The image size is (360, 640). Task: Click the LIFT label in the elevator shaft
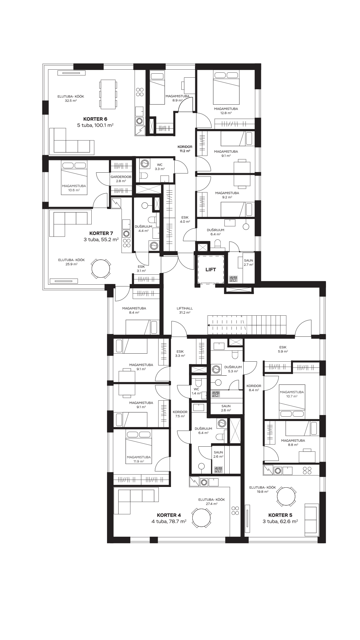211,270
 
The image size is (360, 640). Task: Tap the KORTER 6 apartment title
95,119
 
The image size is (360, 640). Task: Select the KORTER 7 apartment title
101,233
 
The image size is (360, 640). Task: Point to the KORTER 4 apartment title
169,515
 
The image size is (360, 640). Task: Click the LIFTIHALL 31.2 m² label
184,311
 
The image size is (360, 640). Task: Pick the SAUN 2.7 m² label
249,263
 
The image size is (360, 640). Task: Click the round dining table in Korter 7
101,269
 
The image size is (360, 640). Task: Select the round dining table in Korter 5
286,496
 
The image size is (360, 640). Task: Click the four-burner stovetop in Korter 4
235,510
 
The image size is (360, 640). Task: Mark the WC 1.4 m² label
196,391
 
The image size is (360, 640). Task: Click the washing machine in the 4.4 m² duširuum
154,246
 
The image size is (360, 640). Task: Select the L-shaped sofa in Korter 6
72,141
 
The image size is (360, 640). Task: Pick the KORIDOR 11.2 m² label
185,149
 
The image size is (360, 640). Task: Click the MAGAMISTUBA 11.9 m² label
139,459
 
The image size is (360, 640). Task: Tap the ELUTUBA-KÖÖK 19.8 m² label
263,489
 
